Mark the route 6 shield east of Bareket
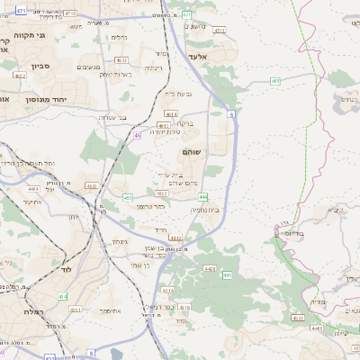point(231,115)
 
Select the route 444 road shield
point(203,196)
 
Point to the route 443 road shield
point(209,268)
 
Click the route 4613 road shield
point(170,114)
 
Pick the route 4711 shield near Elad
point(220,31)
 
